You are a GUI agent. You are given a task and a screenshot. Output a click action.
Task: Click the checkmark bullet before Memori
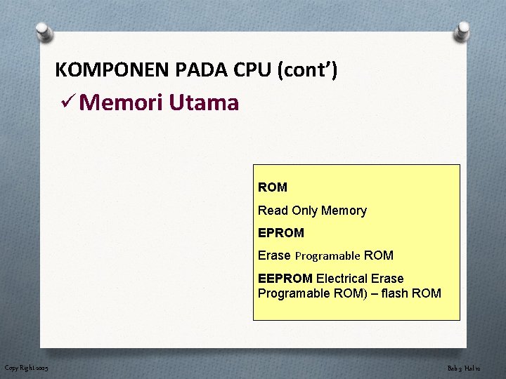[68, 103]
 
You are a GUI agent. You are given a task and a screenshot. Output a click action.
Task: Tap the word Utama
[204, 103]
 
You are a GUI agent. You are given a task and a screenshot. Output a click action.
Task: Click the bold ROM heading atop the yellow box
[273, 187]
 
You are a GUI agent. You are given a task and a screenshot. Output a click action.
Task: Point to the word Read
[272, 211]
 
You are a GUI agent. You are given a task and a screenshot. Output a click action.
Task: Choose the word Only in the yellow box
[304, 211]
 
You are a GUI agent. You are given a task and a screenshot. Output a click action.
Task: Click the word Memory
[344, 211]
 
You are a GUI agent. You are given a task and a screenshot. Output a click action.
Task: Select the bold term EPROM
[281, 233]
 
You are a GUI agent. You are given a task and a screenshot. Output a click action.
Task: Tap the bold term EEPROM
[285, 279]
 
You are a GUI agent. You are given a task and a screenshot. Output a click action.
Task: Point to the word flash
[396, 293]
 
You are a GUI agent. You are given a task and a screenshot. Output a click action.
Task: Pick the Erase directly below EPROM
[274, 255]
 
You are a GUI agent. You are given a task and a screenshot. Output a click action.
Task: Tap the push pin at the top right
[462, 32]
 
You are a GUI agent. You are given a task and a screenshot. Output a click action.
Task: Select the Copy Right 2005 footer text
[26, 368]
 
